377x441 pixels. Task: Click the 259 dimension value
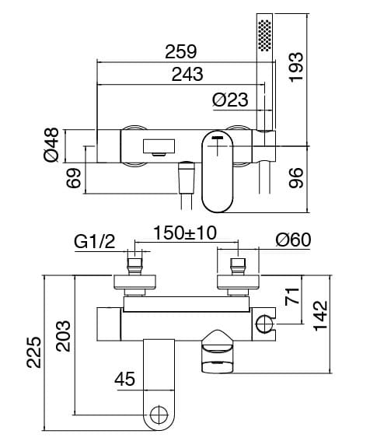[x=181, y=51]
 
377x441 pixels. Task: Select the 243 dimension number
[x=187, y=74]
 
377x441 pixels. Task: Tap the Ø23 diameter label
[x=230, y=100]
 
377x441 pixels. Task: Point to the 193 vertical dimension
[x=296, y=67]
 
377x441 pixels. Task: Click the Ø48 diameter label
[x=51, y=145]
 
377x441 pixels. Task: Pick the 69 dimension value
[x=74, y=178]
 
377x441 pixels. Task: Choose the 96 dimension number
[x=296, y=178]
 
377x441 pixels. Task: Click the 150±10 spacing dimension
[x=185, y=233]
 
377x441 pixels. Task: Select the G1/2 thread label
[x=95, y=242]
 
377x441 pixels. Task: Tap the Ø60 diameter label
[x=293, y=240]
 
